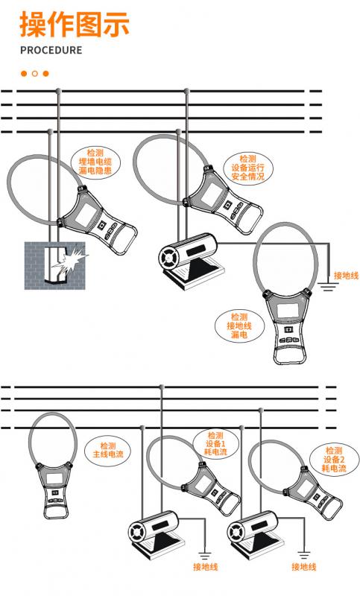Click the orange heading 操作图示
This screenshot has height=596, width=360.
75,25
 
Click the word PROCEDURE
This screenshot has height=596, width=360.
51,50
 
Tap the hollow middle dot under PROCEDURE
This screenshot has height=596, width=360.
35,73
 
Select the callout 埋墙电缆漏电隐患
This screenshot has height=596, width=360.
95,162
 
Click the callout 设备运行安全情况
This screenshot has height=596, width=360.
248,168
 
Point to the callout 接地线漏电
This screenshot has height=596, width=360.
239,326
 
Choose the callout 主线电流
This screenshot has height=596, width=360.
108,450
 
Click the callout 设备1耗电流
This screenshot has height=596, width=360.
215,443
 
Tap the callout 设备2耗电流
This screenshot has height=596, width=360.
334,460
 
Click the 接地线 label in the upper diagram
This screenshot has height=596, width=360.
346,275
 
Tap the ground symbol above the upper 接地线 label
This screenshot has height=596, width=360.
329,287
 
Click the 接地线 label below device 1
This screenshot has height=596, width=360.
205,567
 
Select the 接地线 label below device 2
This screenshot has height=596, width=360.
304,567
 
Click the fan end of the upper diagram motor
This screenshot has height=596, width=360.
167,258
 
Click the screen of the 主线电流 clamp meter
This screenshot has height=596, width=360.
54,478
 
